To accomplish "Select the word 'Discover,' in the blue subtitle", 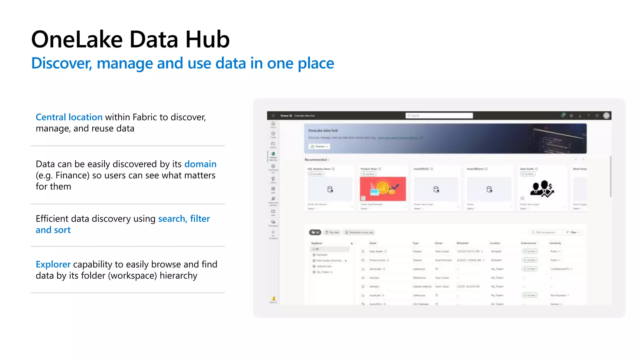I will click(62, 63).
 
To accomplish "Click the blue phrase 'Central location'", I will click(69, 117).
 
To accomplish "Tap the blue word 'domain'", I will click(200, 164).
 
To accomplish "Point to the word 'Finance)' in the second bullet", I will click(72, 175).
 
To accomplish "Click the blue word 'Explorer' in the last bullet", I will click(53, 264).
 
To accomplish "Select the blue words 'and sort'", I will click(53, 230).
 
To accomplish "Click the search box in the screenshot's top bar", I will click(439, 116).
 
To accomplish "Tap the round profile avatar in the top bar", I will click(606, 116).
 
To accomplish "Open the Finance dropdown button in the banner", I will click(319, 146).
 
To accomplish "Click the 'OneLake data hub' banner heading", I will click(323, 130).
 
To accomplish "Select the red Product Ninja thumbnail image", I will click(383, 189).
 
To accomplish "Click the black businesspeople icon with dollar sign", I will click(542, 189).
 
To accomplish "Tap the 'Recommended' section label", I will click(316, 160).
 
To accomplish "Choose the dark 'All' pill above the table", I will click(315, 232).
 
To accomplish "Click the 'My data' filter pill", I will click(332, 232).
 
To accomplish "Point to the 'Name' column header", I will click(373, 243).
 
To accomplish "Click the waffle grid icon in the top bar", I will click(273, 116).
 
